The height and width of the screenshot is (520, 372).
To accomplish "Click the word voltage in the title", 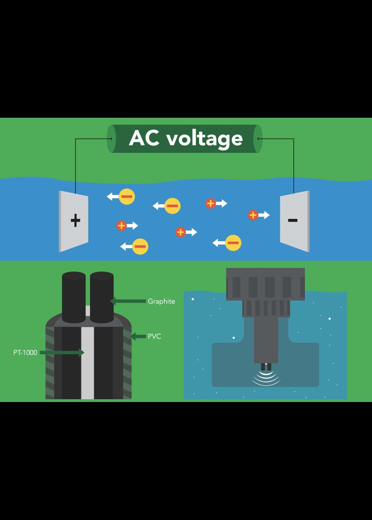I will pyautogui.click(x=204, y=139).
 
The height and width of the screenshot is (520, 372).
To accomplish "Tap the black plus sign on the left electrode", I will pyautogui.click(x=75, y=220).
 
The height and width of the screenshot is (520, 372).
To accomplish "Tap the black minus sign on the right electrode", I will pyautogui.click(x=293, y=220).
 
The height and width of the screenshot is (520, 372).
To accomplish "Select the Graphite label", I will pyautogui.click(x=161, y=301).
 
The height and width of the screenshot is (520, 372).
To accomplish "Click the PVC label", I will pyautogui.click(x=154, y=336).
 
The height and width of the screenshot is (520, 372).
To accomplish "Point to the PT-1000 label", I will pyautogui.click(x=25, y=352).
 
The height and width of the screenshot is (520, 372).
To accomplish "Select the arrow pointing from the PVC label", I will pyautogui.click(x=138, y=336).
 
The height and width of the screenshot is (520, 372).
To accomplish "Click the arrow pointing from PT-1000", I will pyautogui.click(x=62, y=352).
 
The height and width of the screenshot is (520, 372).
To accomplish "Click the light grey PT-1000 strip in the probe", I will pyautogui.click(x=88, y=362).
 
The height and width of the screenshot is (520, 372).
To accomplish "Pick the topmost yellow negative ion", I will pyautogui.click(x=127, y=197).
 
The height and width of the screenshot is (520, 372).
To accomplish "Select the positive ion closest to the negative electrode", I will pyautogui.click(x=253, y=215).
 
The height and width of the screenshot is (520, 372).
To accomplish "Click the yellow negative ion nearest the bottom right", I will pyautogui.click(x=233, y=243).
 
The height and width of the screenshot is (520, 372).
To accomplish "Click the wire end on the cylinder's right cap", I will pyautogui.click(x=258, y=139).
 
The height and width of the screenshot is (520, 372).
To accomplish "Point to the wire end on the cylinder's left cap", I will pyautogui.click(x=111, y=139).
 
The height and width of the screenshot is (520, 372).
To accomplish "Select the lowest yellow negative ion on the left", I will pyautogui.click(x=140, y=247).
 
